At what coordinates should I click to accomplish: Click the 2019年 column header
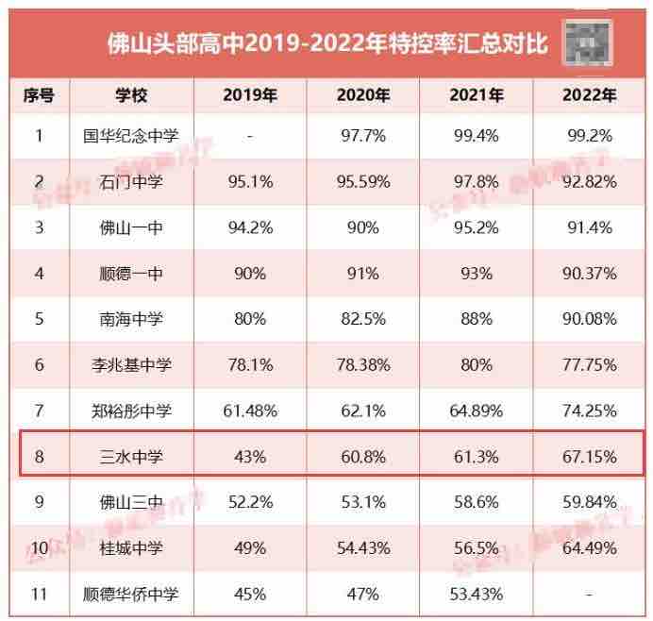click(x=250, y=95)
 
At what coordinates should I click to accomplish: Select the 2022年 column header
click(x=590, y=95)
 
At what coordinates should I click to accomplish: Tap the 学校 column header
click(x=132, y=95)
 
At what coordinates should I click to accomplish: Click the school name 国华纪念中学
click(x=132, y=136)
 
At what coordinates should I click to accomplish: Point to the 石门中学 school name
click(x=132, y=181)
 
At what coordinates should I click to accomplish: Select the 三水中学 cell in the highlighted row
click(x=132, y=458)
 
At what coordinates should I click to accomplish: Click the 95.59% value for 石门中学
click(x=363, y=181)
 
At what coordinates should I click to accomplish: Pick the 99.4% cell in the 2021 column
click(x=477, y=136)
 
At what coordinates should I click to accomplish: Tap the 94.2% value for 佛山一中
click(x=250, y=227)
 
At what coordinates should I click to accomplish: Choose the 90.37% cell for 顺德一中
click(x=590, y=274)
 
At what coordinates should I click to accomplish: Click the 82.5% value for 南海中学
click(x=363, y=319)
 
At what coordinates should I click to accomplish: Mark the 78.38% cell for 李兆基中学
click(x=363, y=365)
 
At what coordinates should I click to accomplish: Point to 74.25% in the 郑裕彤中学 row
click(x=590, y=411)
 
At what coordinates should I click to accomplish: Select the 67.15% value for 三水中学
click(x=590, y=458)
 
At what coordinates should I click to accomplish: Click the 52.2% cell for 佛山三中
click(x=250, y=503)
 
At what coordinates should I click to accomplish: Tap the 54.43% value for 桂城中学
click(x=363, y=549)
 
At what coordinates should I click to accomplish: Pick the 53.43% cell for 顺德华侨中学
click(x=477, y=595)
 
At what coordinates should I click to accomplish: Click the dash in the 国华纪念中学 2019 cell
click(x=250, y=136)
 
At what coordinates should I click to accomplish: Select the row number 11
click(x=40, y=595)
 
